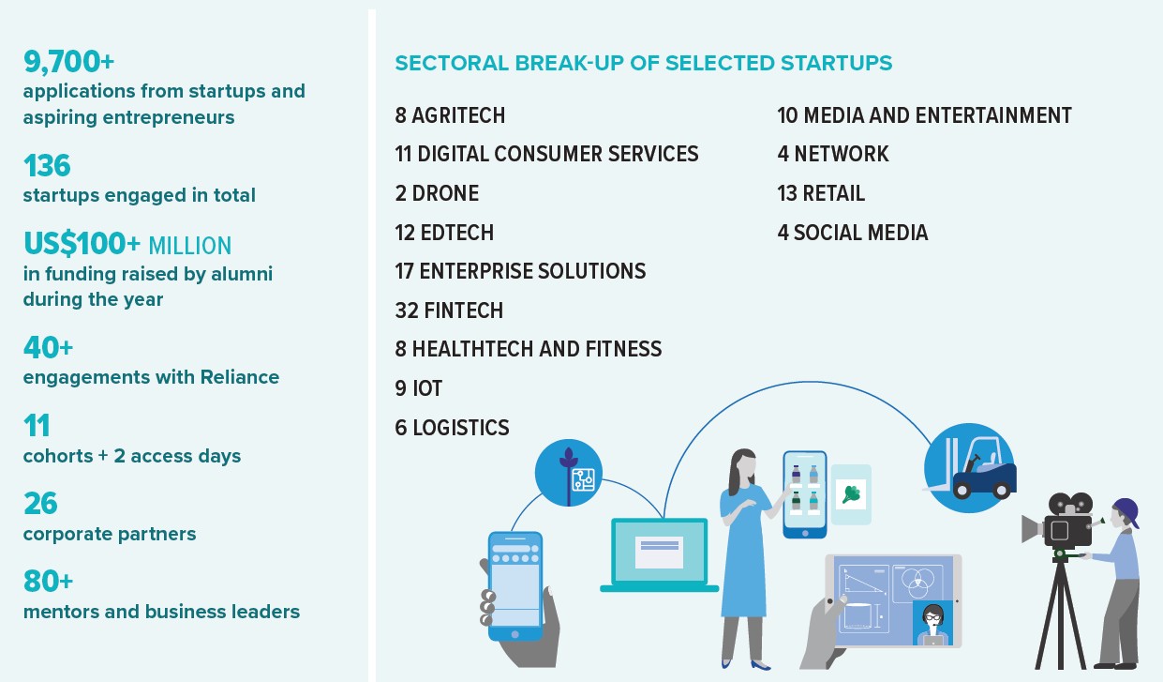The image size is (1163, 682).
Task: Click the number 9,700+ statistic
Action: (x=68, y=61)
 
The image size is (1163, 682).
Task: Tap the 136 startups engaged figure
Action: (x=47, y=165)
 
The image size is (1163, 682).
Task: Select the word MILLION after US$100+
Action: (x=190, y=246)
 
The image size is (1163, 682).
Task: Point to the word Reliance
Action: (x=240, y=377)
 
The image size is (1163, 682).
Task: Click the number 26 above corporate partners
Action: (x=40, y=503)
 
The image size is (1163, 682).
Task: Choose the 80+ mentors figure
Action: (x=49, y=582)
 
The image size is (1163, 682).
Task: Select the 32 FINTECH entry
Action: (x=449, y=311)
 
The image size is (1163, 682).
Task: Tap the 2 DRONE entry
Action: (x=437, y=193)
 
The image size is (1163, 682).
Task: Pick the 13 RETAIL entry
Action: (x=821, y=193)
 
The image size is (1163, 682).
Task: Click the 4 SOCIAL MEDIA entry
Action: (x=853, y=233)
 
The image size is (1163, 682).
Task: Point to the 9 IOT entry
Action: (x=419, y=388)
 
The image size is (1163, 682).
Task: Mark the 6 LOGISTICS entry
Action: (x=453, y=428)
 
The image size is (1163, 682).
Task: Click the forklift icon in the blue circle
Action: (x=969, y=468)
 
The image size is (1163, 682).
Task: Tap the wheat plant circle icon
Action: (x=569, y=473)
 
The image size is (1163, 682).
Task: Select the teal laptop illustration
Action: (x=660, y=554)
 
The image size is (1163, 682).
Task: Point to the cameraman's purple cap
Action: (x=1127, y=510)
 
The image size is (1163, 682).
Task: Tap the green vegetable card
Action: (x=851, y=494)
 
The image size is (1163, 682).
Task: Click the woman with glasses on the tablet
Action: (x=932, y=623)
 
